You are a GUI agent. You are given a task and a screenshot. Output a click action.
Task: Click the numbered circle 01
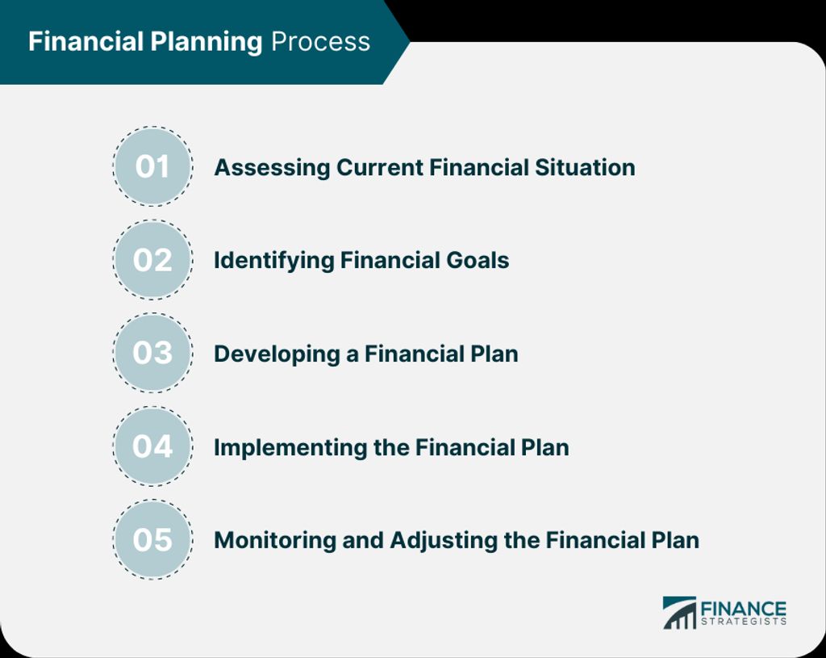coord(152,166)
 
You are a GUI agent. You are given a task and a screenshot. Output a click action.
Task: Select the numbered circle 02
coord(152,259)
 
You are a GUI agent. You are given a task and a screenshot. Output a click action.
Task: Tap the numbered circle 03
coord(152,353)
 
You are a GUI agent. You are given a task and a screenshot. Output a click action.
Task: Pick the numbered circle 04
coord(152,446)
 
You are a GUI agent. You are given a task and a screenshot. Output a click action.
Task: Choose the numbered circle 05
coord(152,539)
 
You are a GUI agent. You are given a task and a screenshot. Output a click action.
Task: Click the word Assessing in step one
coord(272,168)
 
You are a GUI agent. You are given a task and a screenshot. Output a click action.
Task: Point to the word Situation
coord(585,168)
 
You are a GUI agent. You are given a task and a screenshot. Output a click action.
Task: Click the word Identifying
coord(273,261)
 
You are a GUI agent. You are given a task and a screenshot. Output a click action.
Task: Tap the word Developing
coord(277,354)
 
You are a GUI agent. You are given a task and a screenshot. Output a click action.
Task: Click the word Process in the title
coord(320,42)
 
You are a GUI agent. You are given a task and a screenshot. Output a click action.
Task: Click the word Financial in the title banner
coord(86,41)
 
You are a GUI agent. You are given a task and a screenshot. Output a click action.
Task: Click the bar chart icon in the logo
coord(679,613)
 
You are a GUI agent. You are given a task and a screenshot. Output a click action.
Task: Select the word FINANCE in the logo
coord(743,609)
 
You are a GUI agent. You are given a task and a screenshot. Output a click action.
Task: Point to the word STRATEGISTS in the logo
coord(743,622)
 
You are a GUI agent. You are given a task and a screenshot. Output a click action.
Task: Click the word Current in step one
coord(379,168)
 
